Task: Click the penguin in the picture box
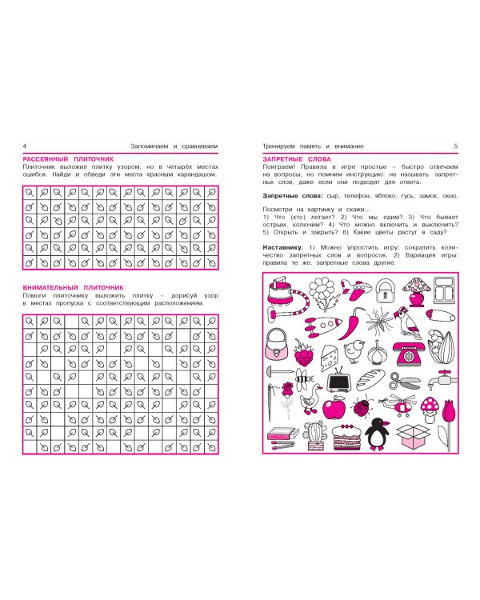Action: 376,434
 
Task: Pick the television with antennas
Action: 338,380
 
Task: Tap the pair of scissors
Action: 404,381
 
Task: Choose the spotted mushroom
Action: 430,410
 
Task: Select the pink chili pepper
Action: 350,324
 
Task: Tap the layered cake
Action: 347,437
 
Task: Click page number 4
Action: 25,146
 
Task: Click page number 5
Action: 455,146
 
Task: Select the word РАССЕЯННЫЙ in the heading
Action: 46,159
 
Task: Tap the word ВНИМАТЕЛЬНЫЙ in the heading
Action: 50,288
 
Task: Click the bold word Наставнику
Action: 282,247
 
